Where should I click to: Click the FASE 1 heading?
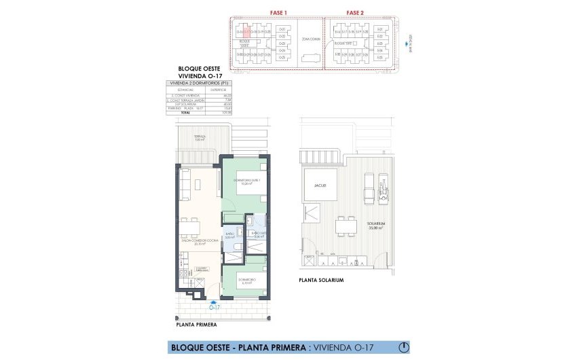tap(278, 13)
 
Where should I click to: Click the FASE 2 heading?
tap(355, 13)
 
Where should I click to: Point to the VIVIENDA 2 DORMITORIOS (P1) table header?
tap(196, 82)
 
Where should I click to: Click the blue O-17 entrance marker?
tap(215, 307)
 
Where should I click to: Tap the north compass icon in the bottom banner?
tap(404, 347)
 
